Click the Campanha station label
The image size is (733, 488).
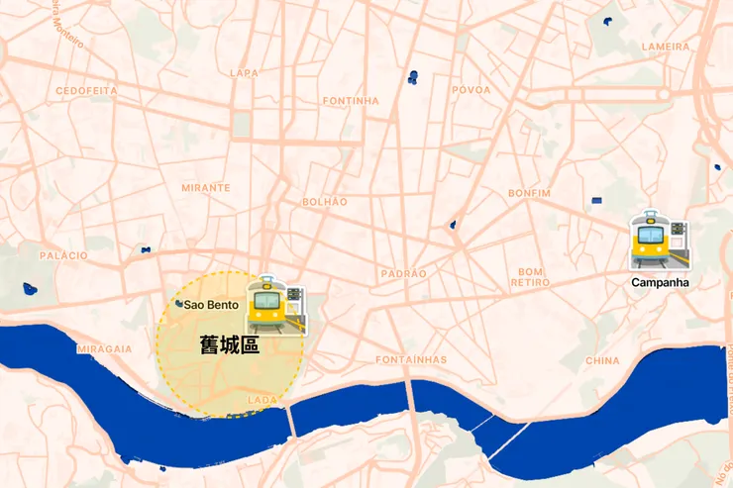coord(660,282)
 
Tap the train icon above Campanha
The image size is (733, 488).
coord(658,241)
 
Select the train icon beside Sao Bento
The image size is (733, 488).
coord(275,304)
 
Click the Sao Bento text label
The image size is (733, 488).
coord(211,305)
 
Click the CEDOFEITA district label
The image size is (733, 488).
coord(86,90)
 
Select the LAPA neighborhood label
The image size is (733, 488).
coord(244,72)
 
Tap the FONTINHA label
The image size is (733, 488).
coord(351,101)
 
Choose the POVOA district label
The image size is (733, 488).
coord(471,90)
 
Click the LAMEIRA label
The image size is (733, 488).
coord(665,47)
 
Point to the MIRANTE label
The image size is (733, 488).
coord(205,187)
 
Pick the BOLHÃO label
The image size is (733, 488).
coord(325,202)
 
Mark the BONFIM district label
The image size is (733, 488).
coord(528,192)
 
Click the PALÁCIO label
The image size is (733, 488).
coord(63,255)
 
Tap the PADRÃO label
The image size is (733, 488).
coord(404,273)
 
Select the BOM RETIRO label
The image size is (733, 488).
coord(531,277)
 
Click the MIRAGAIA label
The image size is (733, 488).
coord(104,348)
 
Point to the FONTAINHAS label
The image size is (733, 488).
coord(411,359)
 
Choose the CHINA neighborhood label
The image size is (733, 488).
coord(602,361)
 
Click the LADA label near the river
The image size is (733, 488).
coord(262,400)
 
